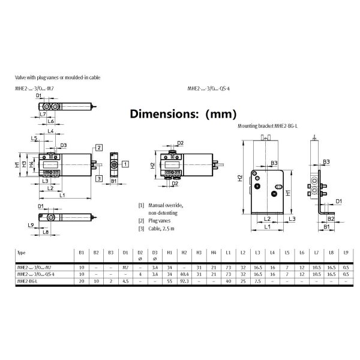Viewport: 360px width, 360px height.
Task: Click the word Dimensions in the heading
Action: [x=159, y=113]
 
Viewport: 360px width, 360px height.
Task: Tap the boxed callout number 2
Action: [x=99, y=147]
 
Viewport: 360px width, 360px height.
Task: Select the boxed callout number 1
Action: [x=125, y=163]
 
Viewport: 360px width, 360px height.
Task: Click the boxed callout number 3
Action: [x=99, y=179]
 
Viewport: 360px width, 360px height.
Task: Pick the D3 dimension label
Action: [x=63, y=145]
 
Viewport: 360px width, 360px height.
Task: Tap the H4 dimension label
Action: [x=31, y=163]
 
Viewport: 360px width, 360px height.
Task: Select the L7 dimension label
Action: [x=43, y=113]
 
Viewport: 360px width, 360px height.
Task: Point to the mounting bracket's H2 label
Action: [x=239, y=178]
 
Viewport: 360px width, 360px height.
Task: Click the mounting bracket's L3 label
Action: [x=292, y=219]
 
